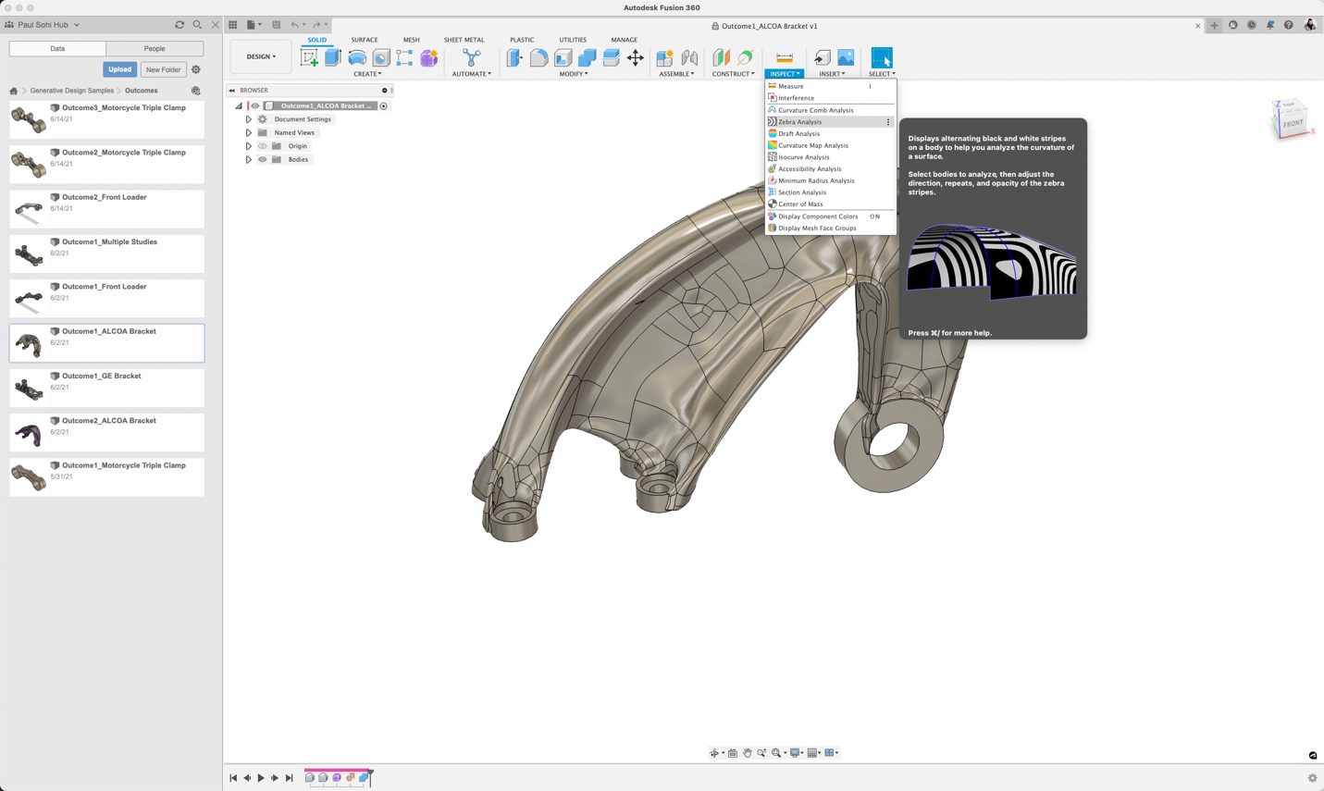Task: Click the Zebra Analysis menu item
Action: pos(800,122)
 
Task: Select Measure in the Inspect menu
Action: pos(791,86)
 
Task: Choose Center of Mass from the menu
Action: pos(800,204)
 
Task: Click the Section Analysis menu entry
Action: pos(802,192)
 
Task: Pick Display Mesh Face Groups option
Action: pos(817,229)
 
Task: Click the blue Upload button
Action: pos(119,69)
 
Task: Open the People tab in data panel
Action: pos(155,48)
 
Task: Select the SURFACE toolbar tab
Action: pos(364,40)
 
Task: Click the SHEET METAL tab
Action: pos(464,40)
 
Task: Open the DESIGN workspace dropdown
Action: pos(261,56)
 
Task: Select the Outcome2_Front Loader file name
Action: pos(105,197)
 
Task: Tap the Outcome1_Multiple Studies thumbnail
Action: pos(29,254)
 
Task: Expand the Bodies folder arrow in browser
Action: pos(248,160)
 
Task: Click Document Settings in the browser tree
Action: pos(303,119)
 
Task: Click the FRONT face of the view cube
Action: pos(1292,123)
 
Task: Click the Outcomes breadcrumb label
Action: pos(142,91)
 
